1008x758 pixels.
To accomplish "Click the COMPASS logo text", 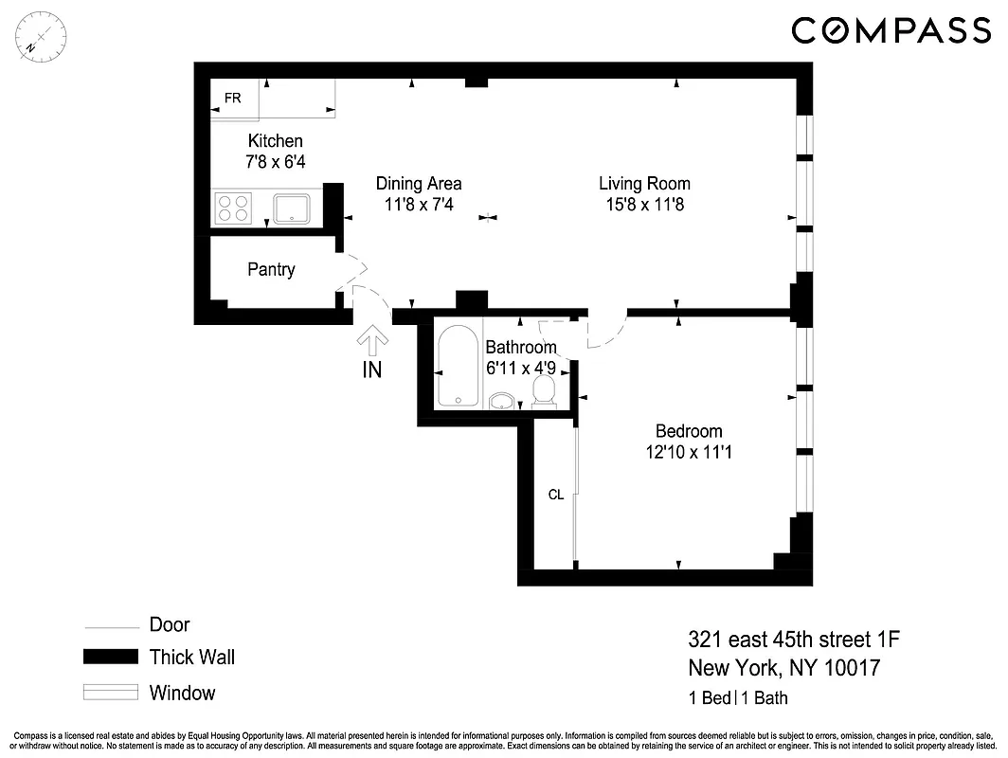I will pyautogui.click(x=891, y=30).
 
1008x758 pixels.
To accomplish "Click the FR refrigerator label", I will pyautogui.click(x=232, y=99).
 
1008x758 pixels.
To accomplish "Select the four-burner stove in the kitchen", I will pyautogui.click(x=233, y=208).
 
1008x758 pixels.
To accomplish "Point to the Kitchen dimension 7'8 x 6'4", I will pyautogui.click(x=276, y=162).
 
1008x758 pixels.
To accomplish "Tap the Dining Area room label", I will pyautogui.click(x=419, y=184).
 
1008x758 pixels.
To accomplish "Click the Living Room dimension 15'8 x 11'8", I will pyautogui.click(x=644, y=205).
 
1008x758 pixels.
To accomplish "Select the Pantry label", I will pyautogui.click(x=271, y=270).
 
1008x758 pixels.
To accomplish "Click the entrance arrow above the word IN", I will pyautogui.click(x=371, y=341).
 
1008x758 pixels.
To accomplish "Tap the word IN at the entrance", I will pyautogui.click(x=372, y=370).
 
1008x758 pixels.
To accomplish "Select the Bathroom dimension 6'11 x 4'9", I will pyautogui.click(x=520, y=368).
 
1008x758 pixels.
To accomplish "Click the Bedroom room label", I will pyautogui.click(x=689, y=431).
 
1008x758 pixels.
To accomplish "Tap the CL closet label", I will pyautogui.click(x=556, y=495).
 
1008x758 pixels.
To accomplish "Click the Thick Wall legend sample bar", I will pyautogui.click(x=110, y=658).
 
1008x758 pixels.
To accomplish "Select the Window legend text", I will pyautogui.click(x=182, y=693).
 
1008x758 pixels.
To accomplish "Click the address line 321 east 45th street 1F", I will pyautogui.click(x=794, y=640).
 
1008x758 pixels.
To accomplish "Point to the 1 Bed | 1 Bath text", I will pyautogui.click(x=738, y=699).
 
